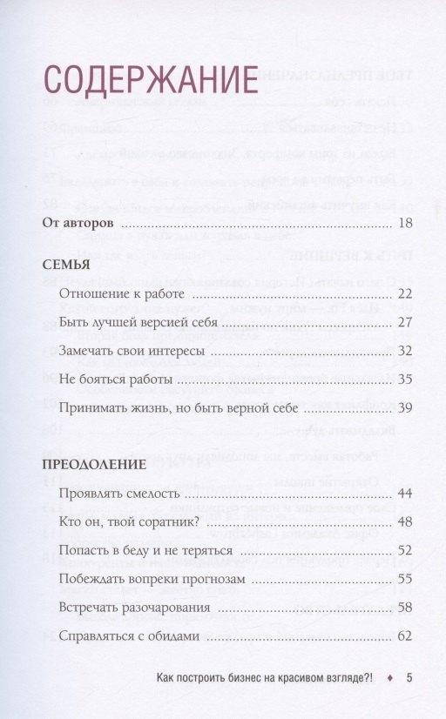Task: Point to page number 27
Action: pos(403,323)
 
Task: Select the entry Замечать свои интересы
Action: pos(132,352)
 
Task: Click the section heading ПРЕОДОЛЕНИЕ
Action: pos(94,465)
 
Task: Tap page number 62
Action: pos(403,635)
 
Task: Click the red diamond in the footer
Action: pos(389,679)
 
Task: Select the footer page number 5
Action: pos(409,679)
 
